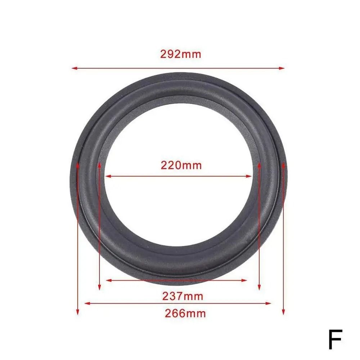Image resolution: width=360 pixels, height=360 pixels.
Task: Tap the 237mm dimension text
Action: (183, 296)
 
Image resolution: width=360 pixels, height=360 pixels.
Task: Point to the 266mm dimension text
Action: (185, 313)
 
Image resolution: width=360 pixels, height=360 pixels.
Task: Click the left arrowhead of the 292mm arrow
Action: (74, 68)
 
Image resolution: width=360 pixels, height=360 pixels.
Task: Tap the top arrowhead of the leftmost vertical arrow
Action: (77, 165)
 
